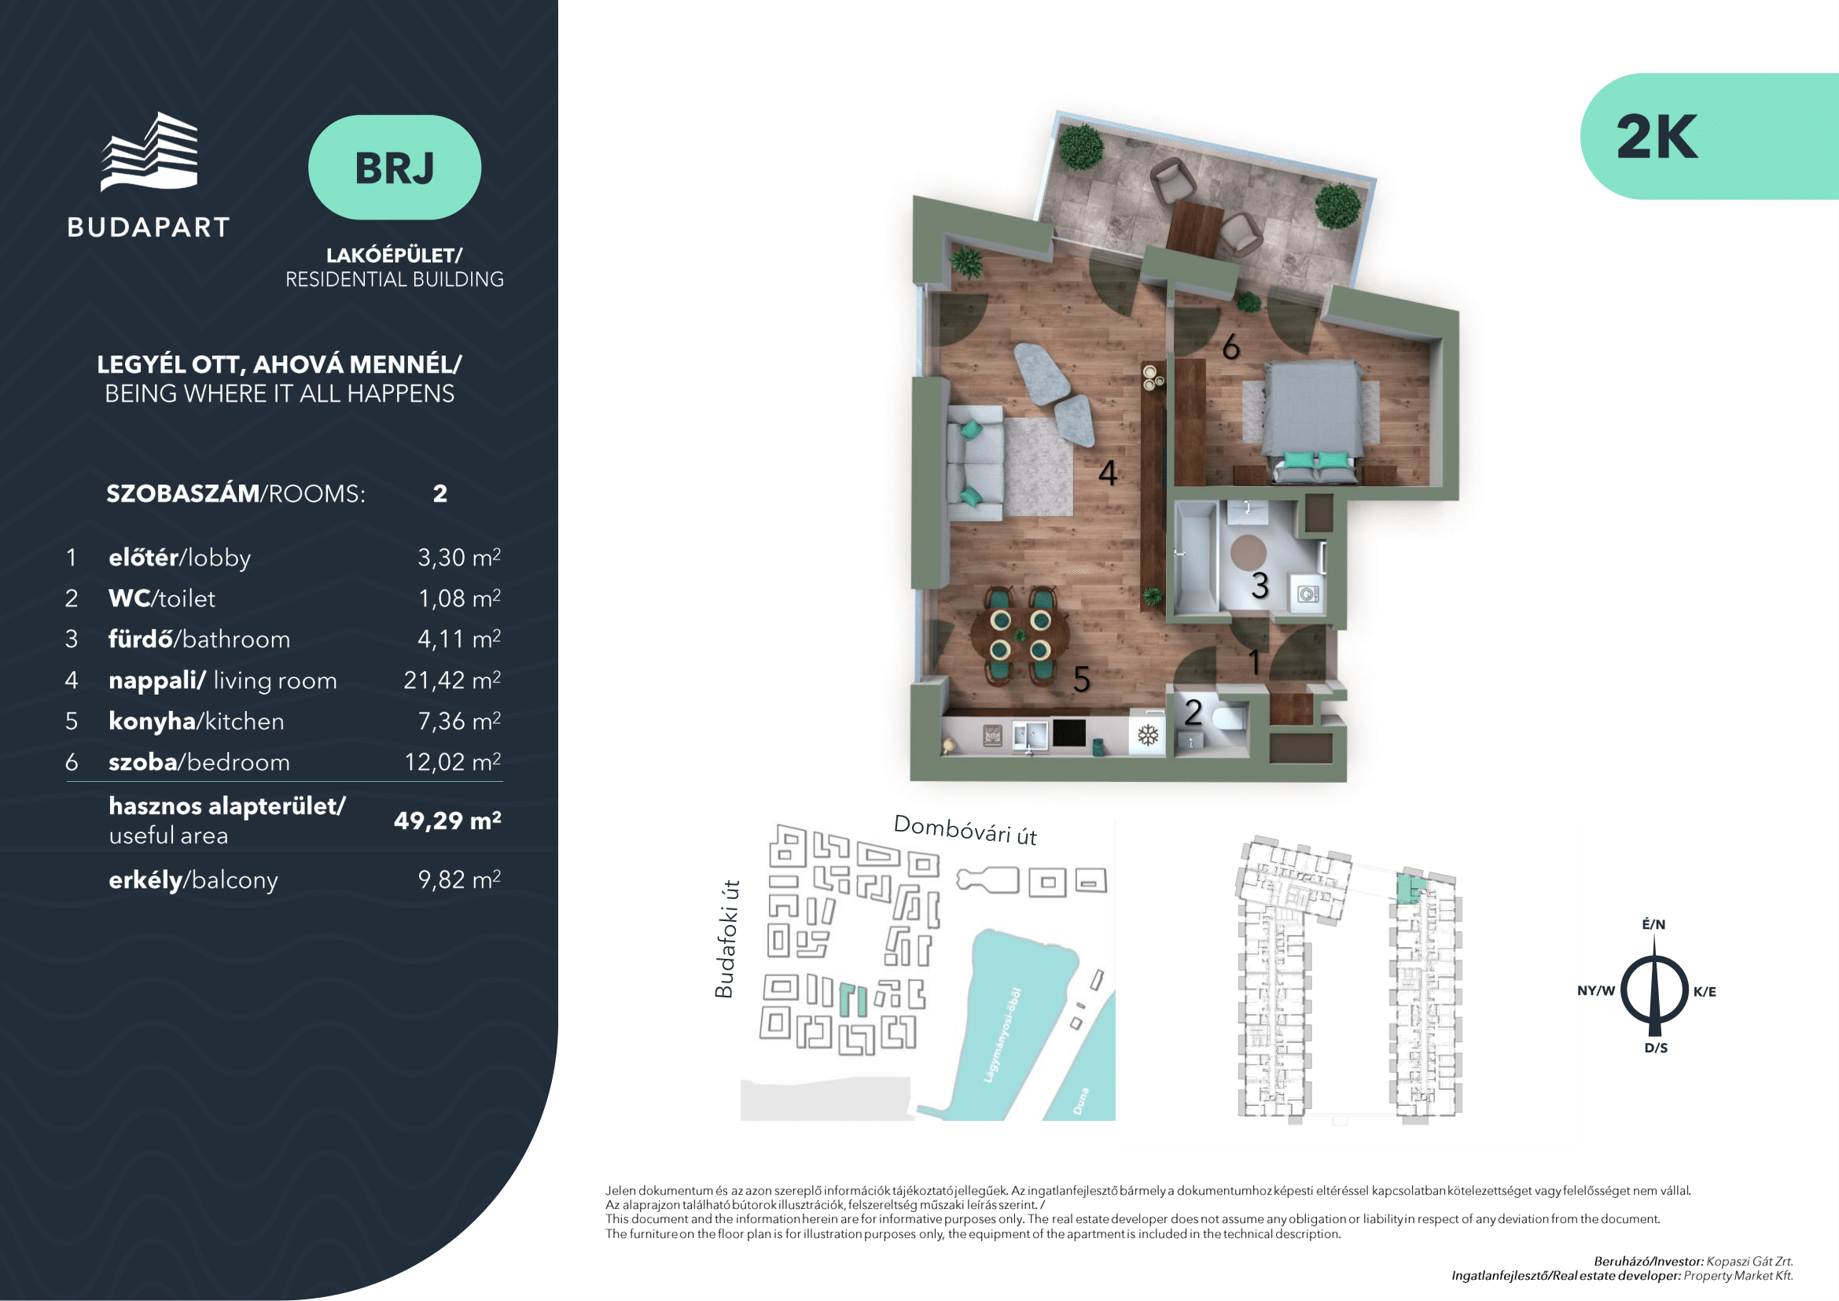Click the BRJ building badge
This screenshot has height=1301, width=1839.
(394, 168)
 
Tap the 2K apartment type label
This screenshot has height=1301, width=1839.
(1657, 137)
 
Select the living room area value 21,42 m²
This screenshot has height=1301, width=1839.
(452, 680)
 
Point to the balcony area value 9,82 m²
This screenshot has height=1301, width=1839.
(459, 879)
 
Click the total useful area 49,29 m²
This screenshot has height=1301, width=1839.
(447, 820)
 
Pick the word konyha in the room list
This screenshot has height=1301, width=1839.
(153, 721)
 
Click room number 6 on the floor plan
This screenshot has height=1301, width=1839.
(1231, 347)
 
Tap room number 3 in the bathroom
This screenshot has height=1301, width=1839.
(1260, 586)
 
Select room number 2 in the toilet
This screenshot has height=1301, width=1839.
(1194, 712)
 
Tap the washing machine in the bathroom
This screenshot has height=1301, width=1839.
(1308, 594)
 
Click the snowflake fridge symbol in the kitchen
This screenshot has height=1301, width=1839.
(1148, 735)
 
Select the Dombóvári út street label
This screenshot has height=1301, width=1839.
(965, 830)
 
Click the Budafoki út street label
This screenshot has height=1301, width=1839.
(725, 939)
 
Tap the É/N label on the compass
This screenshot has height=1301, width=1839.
(1654, 923)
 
